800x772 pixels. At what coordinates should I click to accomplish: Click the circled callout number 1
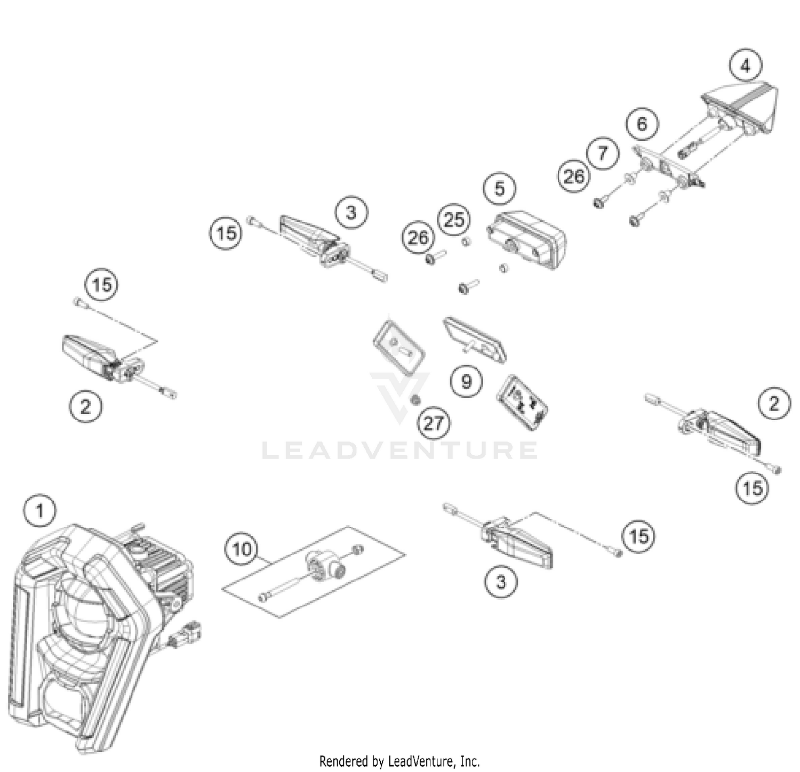[39, 511]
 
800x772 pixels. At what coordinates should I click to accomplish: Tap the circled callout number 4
[745, 66]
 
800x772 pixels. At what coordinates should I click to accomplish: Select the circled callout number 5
[499, 188]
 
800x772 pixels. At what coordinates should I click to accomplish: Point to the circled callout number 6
[642, 124]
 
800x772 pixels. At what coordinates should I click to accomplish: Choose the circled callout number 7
[603, 154]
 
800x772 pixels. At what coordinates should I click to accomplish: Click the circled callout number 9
[466, 381]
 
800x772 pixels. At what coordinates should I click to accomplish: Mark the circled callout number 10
[242, 548]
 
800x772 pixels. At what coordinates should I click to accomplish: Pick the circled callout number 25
[454, 219]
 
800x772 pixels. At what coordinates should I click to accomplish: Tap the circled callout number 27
[434, 423]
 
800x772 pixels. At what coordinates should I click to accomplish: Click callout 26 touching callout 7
[574, 176]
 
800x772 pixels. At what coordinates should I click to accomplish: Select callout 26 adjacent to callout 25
[418, 237]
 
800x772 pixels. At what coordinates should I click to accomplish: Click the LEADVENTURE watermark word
[399, 451]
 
